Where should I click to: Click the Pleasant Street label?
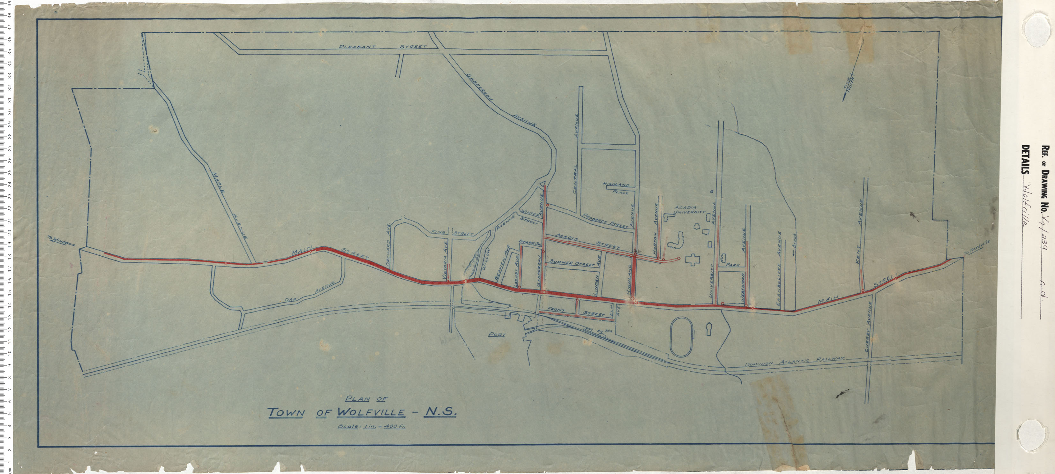[x=383, y=47]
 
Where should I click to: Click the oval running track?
[x=682, y=336]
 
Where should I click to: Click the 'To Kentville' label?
[x=976, y=247]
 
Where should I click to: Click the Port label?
[x=497, y=334]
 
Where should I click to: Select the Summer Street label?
[x=572, y=263]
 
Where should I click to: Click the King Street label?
[x=452, y=233]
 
